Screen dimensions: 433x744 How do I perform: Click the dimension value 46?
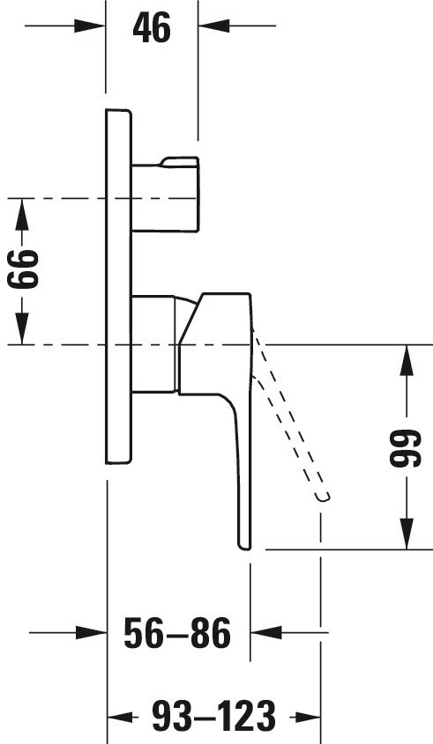[152, 28]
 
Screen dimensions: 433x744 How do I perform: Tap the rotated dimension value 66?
[23, 270]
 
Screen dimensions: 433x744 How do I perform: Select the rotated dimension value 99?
[406, 448]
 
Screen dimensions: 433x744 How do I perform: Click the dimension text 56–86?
[177, 633]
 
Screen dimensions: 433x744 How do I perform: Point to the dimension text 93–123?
[214, 716]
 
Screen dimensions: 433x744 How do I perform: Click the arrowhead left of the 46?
[89, 26]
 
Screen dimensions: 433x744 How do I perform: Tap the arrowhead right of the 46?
[214, 26]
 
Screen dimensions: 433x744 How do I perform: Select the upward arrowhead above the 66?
[22, 214]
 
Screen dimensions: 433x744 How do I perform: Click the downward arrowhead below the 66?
[22, 328]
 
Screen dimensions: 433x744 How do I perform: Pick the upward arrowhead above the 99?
[407, 361]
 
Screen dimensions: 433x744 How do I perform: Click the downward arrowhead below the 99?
[407, 534]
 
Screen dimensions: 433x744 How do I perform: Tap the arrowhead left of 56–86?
[91, 632]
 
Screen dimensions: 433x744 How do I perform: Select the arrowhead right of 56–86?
[266, 632]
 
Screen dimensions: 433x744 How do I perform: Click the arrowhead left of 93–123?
[123, 717]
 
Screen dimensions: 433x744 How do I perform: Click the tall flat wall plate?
[118, 286]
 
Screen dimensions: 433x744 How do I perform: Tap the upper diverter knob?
[166, 195]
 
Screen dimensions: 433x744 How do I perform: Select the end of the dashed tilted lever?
[323, 497]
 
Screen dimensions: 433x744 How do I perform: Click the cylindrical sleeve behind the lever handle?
[154, 344]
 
